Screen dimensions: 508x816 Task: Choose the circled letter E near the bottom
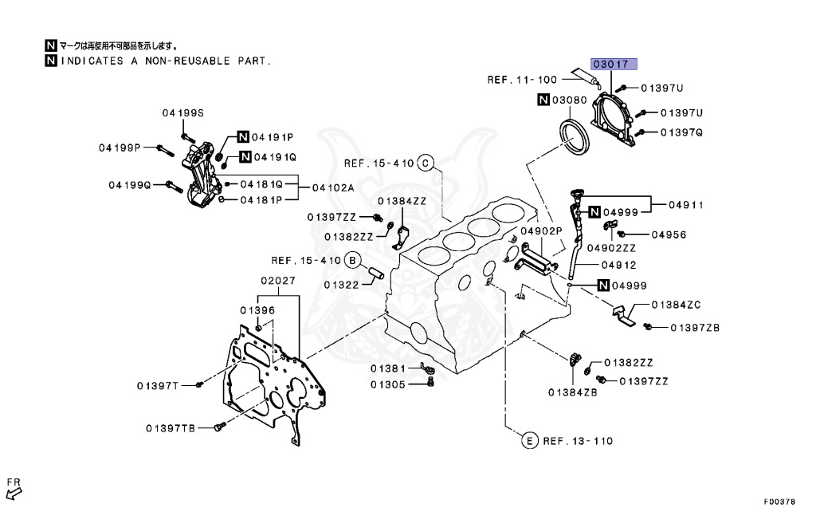(528, 440)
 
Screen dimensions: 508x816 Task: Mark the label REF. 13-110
(578, 440)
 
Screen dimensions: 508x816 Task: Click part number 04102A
(332, 188)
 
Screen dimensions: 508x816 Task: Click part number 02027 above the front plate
(278, 280)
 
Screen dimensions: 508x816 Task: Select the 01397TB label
(170, 428)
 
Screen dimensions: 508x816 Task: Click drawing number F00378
(779, 502)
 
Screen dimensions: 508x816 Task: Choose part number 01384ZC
(676, 305)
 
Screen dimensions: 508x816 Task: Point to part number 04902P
(541, 230)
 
